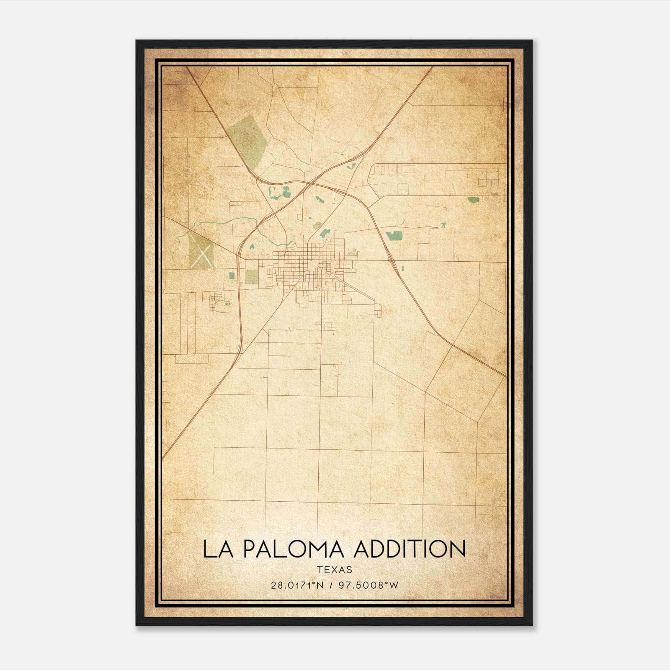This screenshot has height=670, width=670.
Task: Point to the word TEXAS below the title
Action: click(x=335, y=570)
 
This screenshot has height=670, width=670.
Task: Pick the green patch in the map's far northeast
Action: click(x=473, y=200)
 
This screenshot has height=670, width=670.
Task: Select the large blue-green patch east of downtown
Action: click(x=394, y=236)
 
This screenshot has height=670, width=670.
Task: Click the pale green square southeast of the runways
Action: click(x=252, y=276)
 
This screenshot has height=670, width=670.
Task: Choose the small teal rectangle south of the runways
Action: click(x=232, y=276)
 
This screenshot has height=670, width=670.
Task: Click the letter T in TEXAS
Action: click(x=320, y=570)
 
